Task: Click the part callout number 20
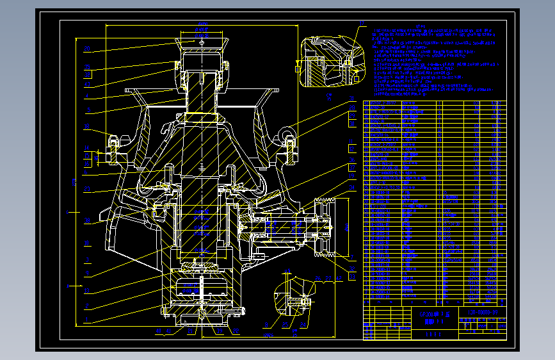pyautogui.click(x=87, y=49)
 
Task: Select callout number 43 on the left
pyautogui.click(x=87, y=83)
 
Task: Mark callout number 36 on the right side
pyautogui.click(x=351, y=160)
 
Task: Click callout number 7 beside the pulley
pyautogui.click(x=351, y=256)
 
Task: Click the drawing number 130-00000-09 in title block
pyautogui.click(x=480, y=313)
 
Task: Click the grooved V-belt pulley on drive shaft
pyautogui.click(x=325, y=227)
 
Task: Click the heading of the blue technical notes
pyautogui.click(x=420, y=26)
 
